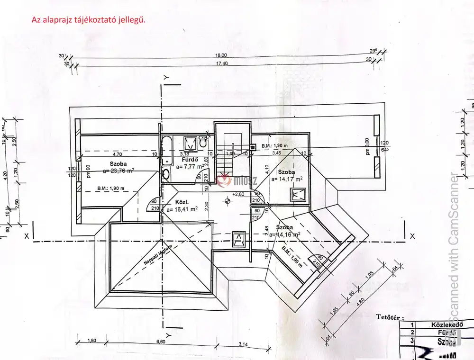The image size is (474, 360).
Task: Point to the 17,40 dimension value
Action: coord(222,63)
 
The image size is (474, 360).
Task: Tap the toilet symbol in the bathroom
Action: coord(203,142)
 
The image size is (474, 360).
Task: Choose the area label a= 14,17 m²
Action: coord(287,179)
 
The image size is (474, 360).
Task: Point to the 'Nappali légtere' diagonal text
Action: coord(158,256)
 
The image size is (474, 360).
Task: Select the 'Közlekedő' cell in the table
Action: coord(446,324)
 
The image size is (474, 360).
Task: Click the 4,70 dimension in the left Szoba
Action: coord(117,154)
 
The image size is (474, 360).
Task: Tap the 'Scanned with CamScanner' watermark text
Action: coord(454,246)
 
